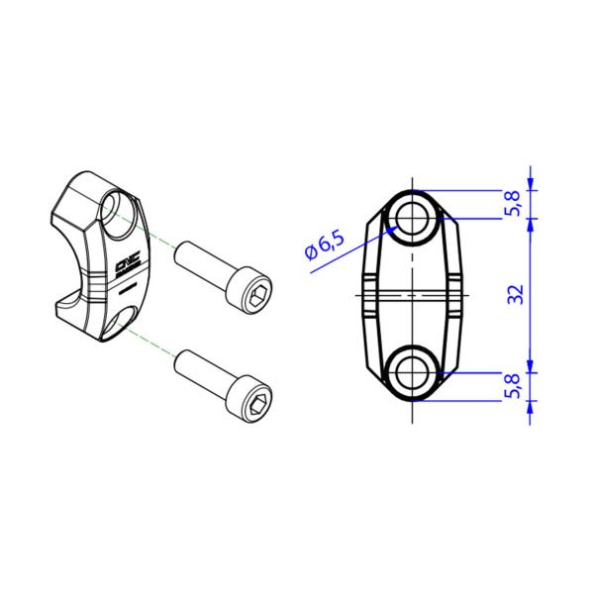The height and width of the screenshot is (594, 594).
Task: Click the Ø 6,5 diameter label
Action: point(325,246)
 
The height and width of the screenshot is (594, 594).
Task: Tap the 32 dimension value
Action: point(516,294)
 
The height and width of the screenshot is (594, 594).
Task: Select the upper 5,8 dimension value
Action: point(514,203)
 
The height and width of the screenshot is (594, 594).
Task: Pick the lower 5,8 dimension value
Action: point(514,386)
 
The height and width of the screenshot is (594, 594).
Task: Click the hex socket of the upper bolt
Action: point(259,297)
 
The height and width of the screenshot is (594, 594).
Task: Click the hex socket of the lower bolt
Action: point(260,405)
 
